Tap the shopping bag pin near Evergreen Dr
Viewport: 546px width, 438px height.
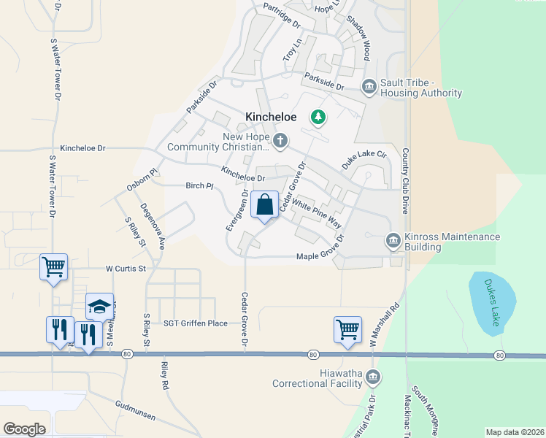pos(264,205)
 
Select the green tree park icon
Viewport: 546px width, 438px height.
pos(318,116)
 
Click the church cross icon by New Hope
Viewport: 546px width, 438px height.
pos(280,139)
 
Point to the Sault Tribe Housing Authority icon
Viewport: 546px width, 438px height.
pos(369,88)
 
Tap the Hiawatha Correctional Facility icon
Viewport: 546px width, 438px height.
pos(373,377)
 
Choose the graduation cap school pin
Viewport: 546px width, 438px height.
pos(100,307)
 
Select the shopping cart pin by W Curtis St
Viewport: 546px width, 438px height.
pos(53,266)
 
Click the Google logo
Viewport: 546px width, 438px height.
pos(25,429)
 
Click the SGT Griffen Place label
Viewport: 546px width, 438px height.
pos(196,323)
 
